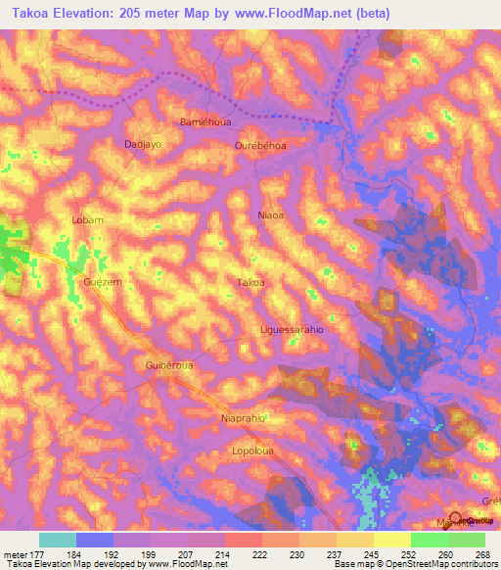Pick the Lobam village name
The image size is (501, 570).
(x=87, y=220)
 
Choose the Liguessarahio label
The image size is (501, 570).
(x=292, y=330)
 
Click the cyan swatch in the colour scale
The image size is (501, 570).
(x=58, y=540)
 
